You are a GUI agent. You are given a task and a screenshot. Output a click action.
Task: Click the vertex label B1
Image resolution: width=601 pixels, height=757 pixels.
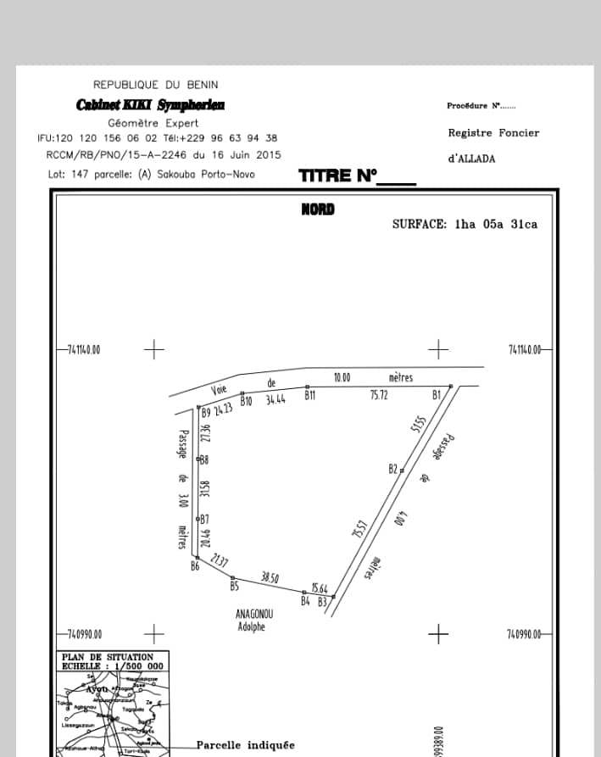click(437, 395)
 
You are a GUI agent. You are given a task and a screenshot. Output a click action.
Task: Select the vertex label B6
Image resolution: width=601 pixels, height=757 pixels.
click(194, 566)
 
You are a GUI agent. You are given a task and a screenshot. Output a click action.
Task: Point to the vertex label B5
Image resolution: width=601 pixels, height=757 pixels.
click(234, 586)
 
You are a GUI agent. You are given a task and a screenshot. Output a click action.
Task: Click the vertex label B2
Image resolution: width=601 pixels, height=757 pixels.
click(392, 469)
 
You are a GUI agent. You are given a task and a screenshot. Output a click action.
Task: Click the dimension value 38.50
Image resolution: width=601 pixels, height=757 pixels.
click(270, 576)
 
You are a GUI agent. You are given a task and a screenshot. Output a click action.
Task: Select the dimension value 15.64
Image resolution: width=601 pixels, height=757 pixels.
click(320, 587)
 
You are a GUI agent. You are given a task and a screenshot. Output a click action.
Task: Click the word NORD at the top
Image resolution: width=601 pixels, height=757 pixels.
click(318, 209)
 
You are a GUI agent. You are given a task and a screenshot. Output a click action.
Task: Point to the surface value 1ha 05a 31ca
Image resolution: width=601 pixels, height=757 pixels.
click(496, 225)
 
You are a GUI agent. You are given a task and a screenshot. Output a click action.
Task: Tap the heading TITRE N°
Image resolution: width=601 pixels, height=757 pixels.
click(337, 176)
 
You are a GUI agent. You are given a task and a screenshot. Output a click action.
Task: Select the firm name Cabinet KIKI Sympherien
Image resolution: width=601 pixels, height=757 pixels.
click(151, 105)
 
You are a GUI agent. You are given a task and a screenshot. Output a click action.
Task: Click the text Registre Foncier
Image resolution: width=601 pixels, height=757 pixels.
click(493, 133)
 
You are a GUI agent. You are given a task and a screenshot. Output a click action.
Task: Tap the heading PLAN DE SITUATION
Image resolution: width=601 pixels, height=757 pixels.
click(108, 657)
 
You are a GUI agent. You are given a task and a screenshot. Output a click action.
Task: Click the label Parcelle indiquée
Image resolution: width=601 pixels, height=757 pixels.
click(246, 745)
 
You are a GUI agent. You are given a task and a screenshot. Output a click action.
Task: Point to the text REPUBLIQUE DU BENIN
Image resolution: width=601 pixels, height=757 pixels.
click(155, 85)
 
